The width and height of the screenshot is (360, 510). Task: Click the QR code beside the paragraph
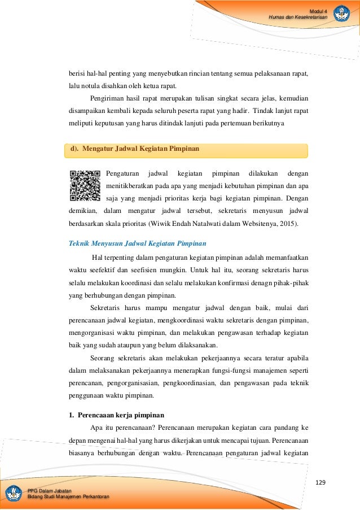[x=85, y=186]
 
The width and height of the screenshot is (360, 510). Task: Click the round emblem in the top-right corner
[x=341, y=13]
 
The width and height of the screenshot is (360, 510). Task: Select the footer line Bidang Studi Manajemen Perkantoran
[x=68, y=496]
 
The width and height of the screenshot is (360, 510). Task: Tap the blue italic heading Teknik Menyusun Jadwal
[x=137, y=243]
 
